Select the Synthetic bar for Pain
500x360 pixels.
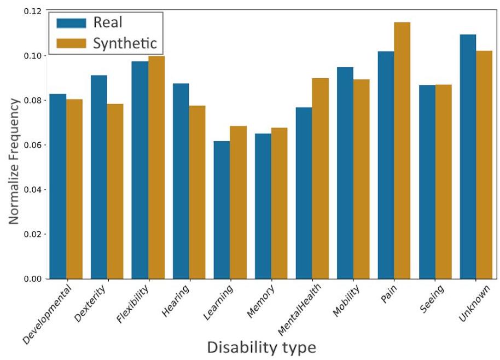click(402, 150)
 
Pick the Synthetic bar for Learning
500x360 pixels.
click(238, 202)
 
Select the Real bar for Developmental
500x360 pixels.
click(58, 186)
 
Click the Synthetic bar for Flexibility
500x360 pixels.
click(156, 167)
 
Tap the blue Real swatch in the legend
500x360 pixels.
click(72, 22)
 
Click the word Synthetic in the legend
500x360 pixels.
click(125, 43)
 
